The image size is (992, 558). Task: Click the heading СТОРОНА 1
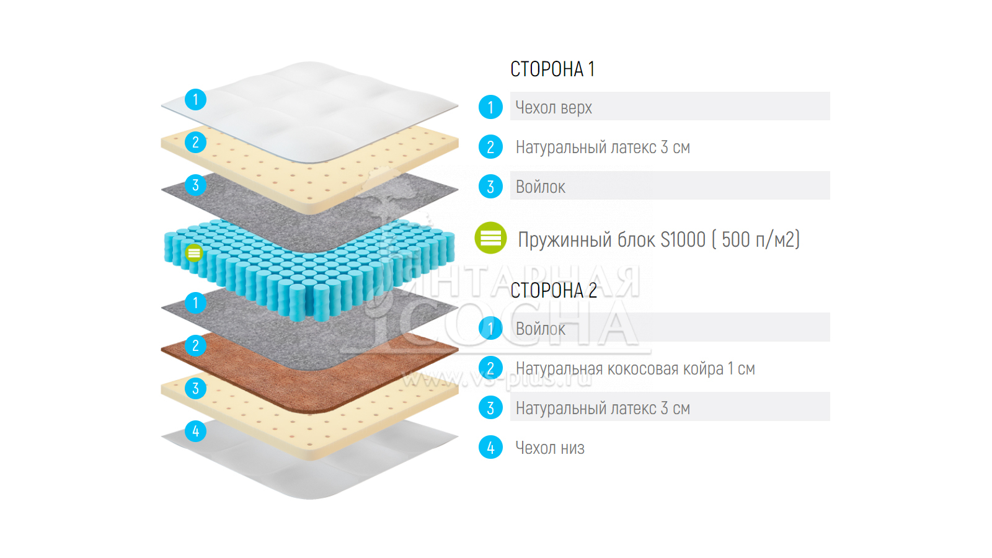(x=552, y=69)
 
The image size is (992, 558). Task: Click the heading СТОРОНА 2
(x=553, y=290)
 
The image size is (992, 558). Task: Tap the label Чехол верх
(x=554, y=107)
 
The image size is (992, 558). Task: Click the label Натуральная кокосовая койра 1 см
(x=635, y=369)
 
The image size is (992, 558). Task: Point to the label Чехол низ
(x=550, y=448)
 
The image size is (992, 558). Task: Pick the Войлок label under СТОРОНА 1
(x=540, y=187)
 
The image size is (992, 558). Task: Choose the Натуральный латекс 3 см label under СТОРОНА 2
(x=603, y=408)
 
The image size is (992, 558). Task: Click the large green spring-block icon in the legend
(x=490, y=238)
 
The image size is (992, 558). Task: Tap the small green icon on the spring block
(x=194, y=253)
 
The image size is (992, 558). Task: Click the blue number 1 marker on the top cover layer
(x=195, y=99)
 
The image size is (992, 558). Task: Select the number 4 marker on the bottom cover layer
(x=195, y=431)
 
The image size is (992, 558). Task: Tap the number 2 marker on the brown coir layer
(x=195, y=345)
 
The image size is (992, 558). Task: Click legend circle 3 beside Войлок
(x=490, y=187)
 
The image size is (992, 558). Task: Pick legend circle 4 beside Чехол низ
(x=490, y=447)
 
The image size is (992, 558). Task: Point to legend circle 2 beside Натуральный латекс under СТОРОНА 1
(x=490, y=147)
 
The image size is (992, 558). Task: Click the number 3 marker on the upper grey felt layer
(x=195, y=185)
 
